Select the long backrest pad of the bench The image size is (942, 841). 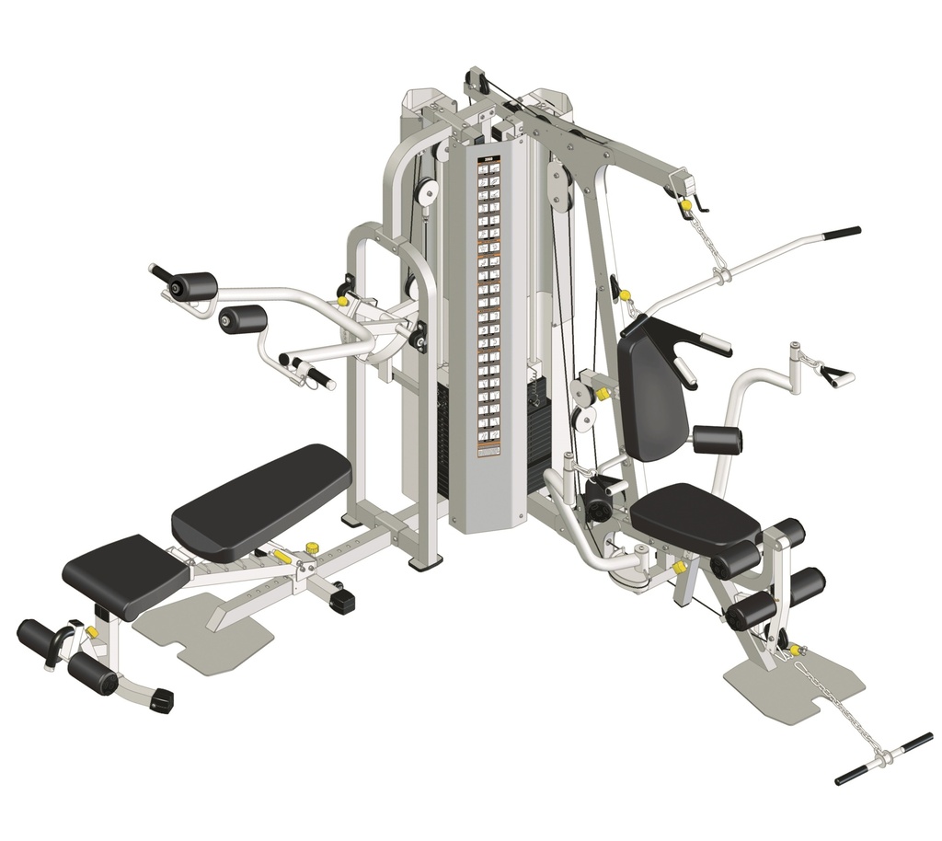(x=261, y=501)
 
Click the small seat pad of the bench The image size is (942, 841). (x=126, y=574)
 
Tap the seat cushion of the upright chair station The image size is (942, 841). (x=695, y=516)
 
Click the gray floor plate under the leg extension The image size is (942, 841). (x=796, y=685)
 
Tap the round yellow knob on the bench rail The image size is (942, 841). (x=311, y=548)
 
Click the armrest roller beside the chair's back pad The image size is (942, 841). (x=718, y=440)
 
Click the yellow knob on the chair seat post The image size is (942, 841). (x=680, y=568)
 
